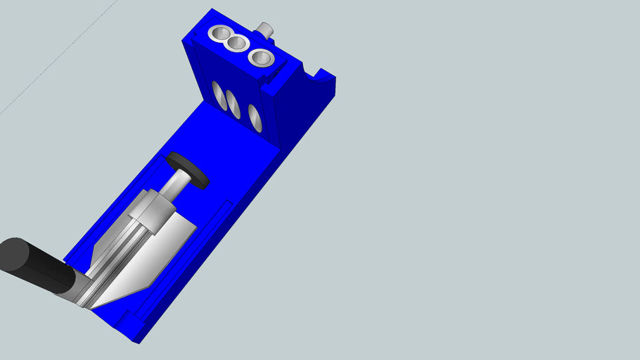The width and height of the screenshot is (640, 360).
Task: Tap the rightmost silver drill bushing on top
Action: point(261,58)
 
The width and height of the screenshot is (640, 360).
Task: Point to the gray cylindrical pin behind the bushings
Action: point(266,30)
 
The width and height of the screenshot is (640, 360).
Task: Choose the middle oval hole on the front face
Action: point(233,104)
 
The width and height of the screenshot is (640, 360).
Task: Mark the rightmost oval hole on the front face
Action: point(255,117)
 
